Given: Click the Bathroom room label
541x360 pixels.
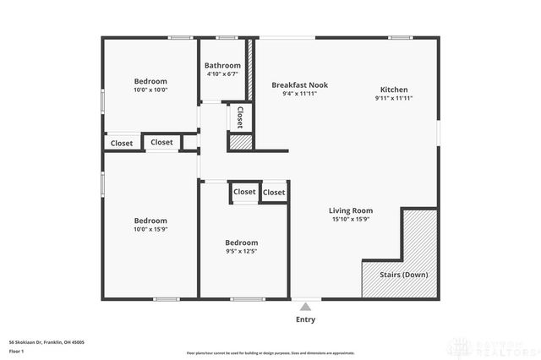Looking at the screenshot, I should [223, 66].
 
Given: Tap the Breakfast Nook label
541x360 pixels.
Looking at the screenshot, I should [299, 85].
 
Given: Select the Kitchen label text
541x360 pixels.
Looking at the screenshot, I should [394, 90].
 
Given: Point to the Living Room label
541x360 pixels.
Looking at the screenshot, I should [351, 210].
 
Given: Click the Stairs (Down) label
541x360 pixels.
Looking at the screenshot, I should [402, 275].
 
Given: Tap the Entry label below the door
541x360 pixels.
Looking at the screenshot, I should [305, 319].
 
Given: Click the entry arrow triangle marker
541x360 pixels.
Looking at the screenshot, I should [305, 305].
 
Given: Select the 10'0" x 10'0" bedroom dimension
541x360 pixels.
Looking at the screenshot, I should [150, 90].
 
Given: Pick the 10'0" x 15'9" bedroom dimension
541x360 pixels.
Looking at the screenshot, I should [150, 229].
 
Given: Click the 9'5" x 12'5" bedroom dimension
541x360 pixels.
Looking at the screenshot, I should [241, 251].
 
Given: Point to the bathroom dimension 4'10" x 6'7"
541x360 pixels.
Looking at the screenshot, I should [223, 74].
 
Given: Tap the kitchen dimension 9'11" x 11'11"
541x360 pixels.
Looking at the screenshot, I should [394, 98].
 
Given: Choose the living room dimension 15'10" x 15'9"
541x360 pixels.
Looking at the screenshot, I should [351, 220].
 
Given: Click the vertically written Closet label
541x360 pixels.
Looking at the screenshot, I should [240, 116].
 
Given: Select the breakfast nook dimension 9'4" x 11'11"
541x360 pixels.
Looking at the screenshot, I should [299, 95].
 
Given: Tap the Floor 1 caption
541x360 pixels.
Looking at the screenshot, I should [16, 350].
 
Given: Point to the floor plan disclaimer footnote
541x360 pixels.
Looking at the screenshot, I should [270, 352].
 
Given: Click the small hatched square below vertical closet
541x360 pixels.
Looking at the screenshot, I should [241, 142].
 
